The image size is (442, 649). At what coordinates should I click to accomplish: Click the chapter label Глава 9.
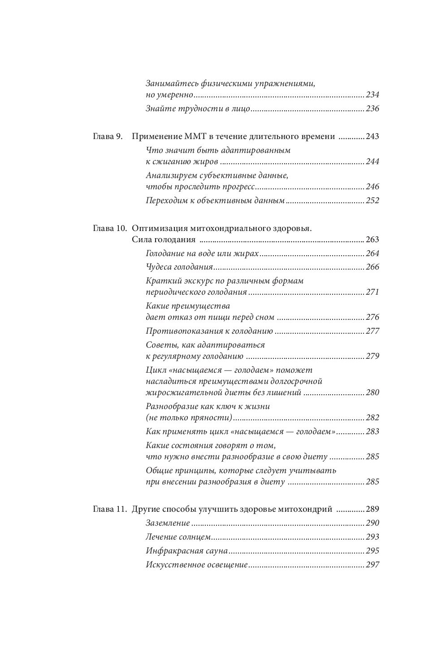pos(108,136)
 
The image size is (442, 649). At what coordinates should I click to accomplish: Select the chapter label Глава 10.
pos(109,228)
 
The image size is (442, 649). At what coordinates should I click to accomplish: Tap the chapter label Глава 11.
pos(109,509)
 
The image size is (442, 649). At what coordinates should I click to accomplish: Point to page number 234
pos(373,95)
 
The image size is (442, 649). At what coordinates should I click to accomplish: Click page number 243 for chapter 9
pos(373,136)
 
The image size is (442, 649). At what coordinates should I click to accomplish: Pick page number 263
pos(373,240)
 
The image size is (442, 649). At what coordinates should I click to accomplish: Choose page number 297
pos(373,565)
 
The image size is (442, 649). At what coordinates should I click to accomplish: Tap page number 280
pos(373,392)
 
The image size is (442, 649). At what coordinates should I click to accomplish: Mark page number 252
pos(373,200)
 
